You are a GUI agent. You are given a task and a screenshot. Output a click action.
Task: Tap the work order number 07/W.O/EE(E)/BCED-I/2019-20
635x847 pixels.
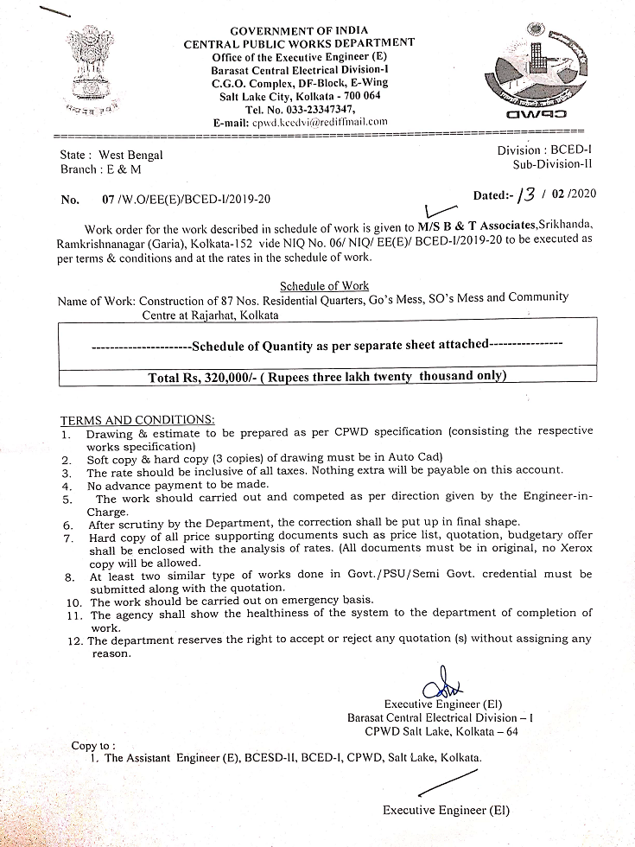click(x=187, y=199)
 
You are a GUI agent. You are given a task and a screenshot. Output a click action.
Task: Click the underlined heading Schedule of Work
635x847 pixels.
click(x=324, y=286)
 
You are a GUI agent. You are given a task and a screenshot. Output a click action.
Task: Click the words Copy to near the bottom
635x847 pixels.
click(x=92, y=745)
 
